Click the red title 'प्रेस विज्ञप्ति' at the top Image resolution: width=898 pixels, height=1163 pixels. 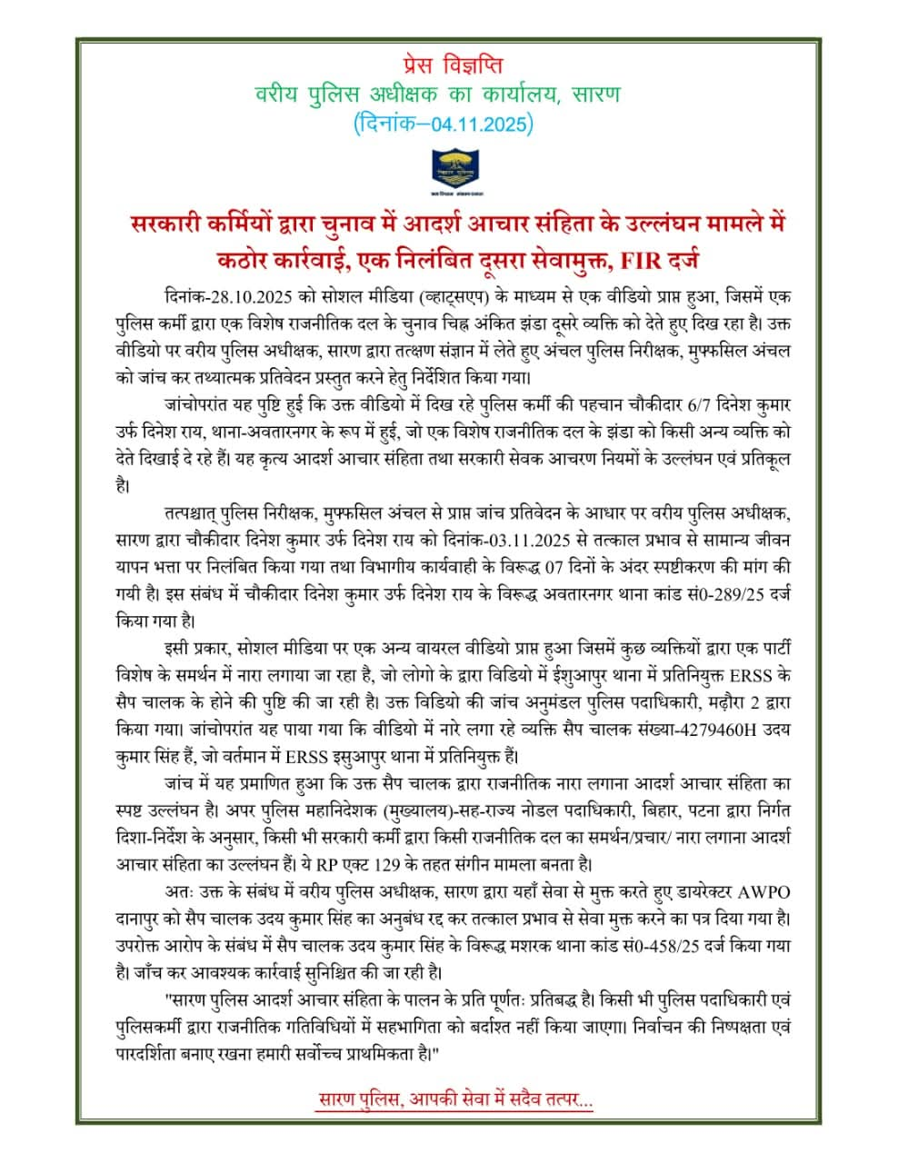(448, 65)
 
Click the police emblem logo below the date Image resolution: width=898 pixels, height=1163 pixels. (451, 171)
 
